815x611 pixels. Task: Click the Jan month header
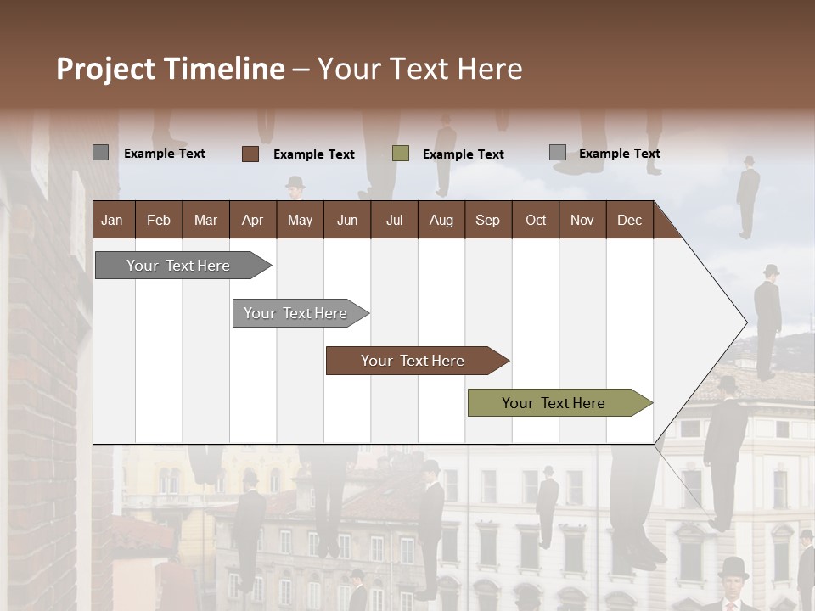[x=112, y=220]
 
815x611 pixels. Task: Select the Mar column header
[x=205, y=220]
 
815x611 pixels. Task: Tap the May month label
[x=300, y=220]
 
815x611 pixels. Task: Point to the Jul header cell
[x=394, y=220]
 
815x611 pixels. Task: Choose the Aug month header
[x=441, y=220]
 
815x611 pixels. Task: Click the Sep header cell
[x=487, y=220]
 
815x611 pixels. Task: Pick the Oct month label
[x=536, y=220]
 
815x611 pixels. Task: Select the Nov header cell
[x=582, y=220]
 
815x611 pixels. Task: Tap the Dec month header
[x=629, y=220]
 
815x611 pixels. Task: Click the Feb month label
[x=159, y=220]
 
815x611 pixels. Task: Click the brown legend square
[x=250, y=154]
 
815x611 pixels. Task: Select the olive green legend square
[x=401, y=154]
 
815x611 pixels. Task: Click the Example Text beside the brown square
[x=313, y=154]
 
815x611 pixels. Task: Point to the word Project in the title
[x=105, y=69]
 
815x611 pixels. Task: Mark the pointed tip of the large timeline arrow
[x=745, y=322]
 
